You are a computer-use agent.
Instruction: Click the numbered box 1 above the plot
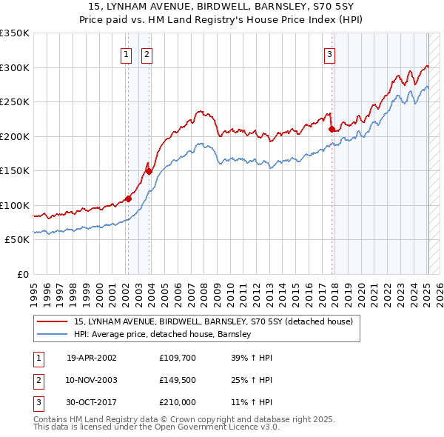click(127, 53)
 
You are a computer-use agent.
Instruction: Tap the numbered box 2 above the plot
click(147, 53)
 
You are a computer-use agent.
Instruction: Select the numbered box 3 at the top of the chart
click(329, 53)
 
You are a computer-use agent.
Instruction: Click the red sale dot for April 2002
click(128, 199)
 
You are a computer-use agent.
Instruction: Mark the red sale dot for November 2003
click(149, 171)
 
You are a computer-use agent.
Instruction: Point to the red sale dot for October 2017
click(332, 130)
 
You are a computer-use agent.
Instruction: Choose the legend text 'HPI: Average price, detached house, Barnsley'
click(163, 335)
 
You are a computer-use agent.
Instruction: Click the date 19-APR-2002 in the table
click(92, 358)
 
